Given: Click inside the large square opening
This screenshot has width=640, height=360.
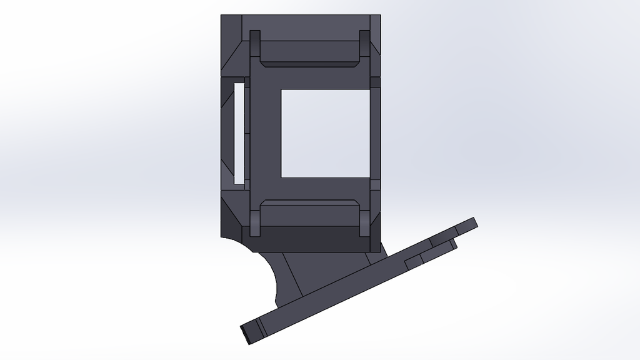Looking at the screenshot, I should click(x=325, y=132).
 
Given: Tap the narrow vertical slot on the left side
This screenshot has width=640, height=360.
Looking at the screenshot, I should click(x=238, y=132).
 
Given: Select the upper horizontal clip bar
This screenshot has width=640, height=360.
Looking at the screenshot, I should click(x=307, y=53).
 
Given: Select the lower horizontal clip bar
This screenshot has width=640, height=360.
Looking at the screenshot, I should click(x=307, y=213).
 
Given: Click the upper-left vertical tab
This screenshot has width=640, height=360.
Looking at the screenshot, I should click(x=255, y=47).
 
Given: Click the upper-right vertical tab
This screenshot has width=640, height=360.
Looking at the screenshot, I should click(x=364, y=47).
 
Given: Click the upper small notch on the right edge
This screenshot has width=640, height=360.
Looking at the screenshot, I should click(x=375, y=82).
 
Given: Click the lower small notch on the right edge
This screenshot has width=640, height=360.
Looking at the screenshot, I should click(x=375, y=185).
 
